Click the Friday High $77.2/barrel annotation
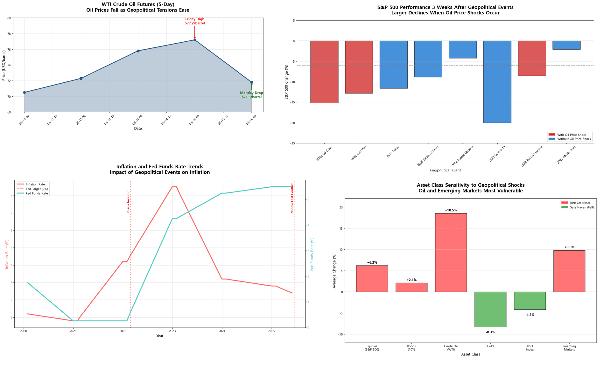coord(195,21)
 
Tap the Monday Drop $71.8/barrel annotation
coord(251,95)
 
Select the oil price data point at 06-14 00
coord(138,51)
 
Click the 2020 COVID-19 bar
coord(497,82)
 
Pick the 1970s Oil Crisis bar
coord(324,72)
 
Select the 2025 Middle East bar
coord(566,45)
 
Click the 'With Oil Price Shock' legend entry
coord(572,135)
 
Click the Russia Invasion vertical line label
coord(128,202)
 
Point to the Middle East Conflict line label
coord(292,198)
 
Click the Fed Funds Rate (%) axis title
coord(312,254)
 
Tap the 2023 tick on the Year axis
coord(172,331)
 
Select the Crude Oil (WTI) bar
coord(451,253)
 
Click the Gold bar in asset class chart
coord(490,309)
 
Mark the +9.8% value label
coord(569,247)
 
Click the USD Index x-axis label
coord(530,348)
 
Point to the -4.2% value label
coord(530,315)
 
